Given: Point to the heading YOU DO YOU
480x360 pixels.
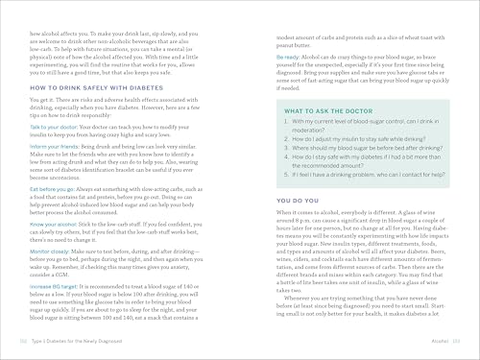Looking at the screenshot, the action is coord(277,199).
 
